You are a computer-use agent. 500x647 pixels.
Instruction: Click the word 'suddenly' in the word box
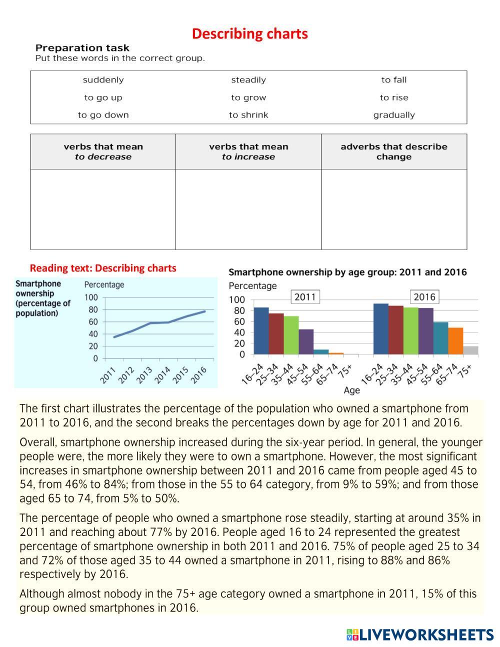(103, 80)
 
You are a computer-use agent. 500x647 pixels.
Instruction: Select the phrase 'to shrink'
(248, 115)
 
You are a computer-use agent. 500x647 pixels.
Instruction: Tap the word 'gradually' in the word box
(394, 115)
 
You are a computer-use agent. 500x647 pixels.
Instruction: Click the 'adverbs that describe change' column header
(394, 151)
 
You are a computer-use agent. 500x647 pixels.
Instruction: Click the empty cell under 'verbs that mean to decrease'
(103, 209)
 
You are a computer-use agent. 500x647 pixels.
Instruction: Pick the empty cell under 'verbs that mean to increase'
(248, 209)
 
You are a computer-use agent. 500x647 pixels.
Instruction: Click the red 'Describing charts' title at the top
(249, 33)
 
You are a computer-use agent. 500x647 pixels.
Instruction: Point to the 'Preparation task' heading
(82, 48)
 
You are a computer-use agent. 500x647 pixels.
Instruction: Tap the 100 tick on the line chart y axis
(92, 297)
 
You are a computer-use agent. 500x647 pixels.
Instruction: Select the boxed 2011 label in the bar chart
(305, 297)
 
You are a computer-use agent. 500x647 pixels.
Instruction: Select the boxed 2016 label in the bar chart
(424, 297)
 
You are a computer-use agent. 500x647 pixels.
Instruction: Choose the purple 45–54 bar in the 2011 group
(306, 342)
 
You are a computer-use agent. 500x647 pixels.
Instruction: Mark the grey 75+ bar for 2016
(470, 350)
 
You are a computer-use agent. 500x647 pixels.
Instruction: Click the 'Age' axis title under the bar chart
(351, 390)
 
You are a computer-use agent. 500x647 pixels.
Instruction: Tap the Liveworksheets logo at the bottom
(419, 634)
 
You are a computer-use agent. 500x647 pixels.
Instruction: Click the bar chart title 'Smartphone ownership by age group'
(347, 272)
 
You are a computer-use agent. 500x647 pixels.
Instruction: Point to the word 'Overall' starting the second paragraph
(37, 442)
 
